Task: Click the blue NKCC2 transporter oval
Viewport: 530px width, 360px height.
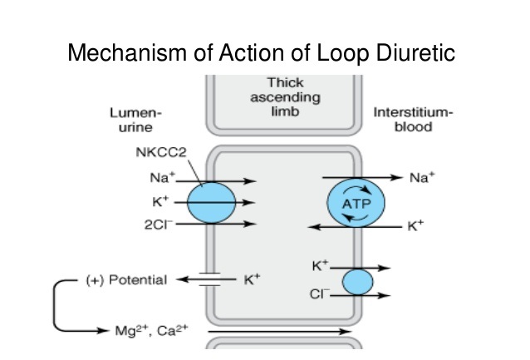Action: pos(211,203)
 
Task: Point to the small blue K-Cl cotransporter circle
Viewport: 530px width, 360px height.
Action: pos(358,281)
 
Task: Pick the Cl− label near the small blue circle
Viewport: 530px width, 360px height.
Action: pos(320,293)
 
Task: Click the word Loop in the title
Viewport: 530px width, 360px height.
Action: pos(341,53)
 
